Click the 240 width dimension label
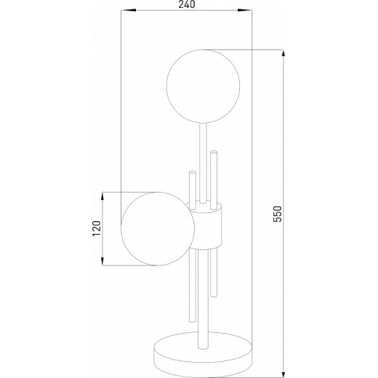tap(187, 4)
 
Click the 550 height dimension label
tap(278, 214)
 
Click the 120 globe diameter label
tap(97, 228)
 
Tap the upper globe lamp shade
tap(203, 86)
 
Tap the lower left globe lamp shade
tap(158, 229)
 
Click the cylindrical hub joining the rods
tap(206, 226)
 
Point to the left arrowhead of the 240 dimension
tap(128, 10)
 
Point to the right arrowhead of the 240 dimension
tap(245, 10)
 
